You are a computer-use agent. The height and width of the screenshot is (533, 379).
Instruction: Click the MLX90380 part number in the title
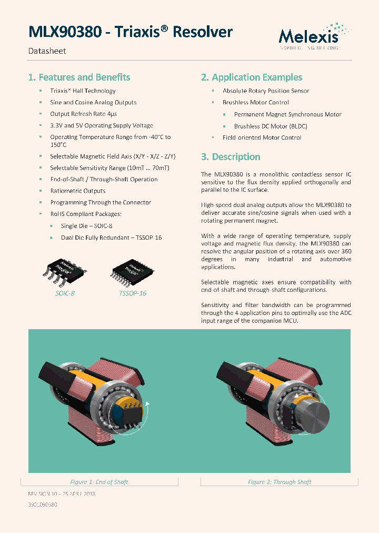click(x=65, y=32)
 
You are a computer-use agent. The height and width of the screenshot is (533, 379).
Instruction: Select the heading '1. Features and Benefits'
click(x=79, y=77)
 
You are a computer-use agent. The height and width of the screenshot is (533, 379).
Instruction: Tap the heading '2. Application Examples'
click(x=252, y=77)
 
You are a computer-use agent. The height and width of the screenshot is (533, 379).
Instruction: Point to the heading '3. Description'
click(x=231, y=157)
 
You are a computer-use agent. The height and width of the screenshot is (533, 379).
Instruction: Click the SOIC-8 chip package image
click(x=65, y=270)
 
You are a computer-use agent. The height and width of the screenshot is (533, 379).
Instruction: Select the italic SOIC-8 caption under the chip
click(x=65, y=293)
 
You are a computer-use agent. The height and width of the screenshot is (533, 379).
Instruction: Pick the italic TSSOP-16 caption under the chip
click(x=133, y=293)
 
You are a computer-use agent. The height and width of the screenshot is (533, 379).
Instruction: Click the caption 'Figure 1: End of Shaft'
click(x=99, y=482)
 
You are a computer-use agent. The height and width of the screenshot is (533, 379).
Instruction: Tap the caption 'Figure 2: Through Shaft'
click(x=280, y=482)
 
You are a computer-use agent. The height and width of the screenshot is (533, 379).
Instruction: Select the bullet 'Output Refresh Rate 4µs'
click(x=83, y=114)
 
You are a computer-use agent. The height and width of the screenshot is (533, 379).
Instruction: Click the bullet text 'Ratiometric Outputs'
click(x=78, y=191)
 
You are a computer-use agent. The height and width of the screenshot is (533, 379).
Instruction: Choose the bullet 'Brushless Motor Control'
click(x=255, y=102)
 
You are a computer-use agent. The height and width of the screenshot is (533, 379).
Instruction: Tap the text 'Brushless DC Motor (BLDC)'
click(x=271, y=126)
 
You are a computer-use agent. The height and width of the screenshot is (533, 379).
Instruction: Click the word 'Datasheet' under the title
click(x=47, y=51)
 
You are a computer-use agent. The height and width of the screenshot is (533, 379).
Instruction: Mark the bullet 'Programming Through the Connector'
click(x=101, y=202)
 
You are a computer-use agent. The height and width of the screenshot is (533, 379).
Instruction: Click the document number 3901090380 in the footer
click(x=42, y=505)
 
